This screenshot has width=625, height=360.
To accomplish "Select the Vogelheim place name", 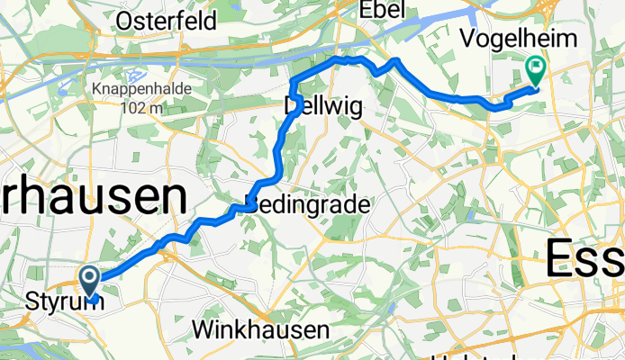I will [505, 38].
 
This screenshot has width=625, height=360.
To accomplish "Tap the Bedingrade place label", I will [308, 204].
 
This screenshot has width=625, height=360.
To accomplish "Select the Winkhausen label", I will [261, 330].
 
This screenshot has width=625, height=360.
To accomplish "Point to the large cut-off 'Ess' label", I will [584, 260].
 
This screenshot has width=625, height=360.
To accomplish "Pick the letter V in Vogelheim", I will [467, 38].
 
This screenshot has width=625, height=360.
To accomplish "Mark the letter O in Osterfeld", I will [125, 19].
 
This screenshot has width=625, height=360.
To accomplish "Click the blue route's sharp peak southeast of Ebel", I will [394, 60].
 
